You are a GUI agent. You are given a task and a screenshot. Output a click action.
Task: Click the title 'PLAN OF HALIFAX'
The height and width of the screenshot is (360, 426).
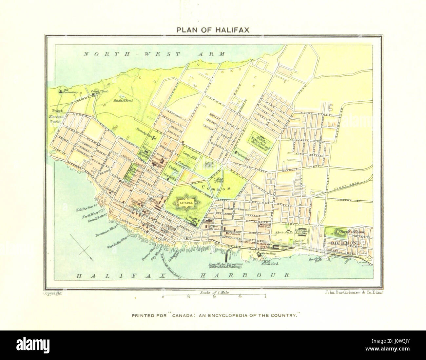click(x=213, y=30)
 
